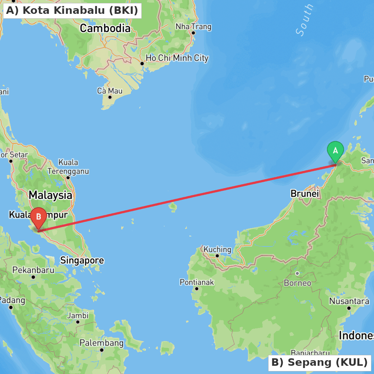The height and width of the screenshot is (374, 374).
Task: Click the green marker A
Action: [335, 151]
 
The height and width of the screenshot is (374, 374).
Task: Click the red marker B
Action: [39, 217]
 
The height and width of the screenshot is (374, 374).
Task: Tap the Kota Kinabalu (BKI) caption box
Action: [72, 10]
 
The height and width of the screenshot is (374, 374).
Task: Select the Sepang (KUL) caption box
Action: [319, 362]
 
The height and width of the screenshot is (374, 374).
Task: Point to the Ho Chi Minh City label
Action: [177, 58]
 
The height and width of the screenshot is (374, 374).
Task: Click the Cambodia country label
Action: [105, 28]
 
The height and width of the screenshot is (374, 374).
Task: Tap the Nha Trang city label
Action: [193, 27]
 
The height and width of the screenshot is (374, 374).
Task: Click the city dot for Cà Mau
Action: [110, 97]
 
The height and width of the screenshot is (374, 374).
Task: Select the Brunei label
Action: [305, 194]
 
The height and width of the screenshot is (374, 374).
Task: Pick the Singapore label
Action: [82, 260]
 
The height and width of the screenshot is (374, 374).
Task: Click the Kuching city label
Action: [217, 249]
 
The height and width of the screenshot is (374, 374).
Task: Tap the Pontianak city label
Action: [197, 282]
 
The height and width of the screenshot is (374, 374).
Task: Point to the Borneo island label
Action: [298, 283]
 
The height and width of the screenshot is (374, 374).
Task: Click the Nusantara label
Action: [349, 301]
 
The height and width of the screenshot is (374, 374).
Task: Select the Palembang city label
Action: [101, 343]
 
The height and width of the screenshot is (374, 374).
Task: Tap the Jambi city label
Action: [78, 315]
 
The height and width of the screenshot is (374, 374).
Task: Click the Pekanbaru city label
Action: [33, 270]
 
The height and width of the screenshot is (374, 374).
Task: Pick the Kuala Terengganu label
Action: [68, 167]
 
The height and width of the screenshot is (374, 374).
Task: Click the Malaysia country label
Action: [50, 195]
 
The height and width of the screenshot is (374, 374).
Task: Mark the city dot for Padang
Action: [11, 307]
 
